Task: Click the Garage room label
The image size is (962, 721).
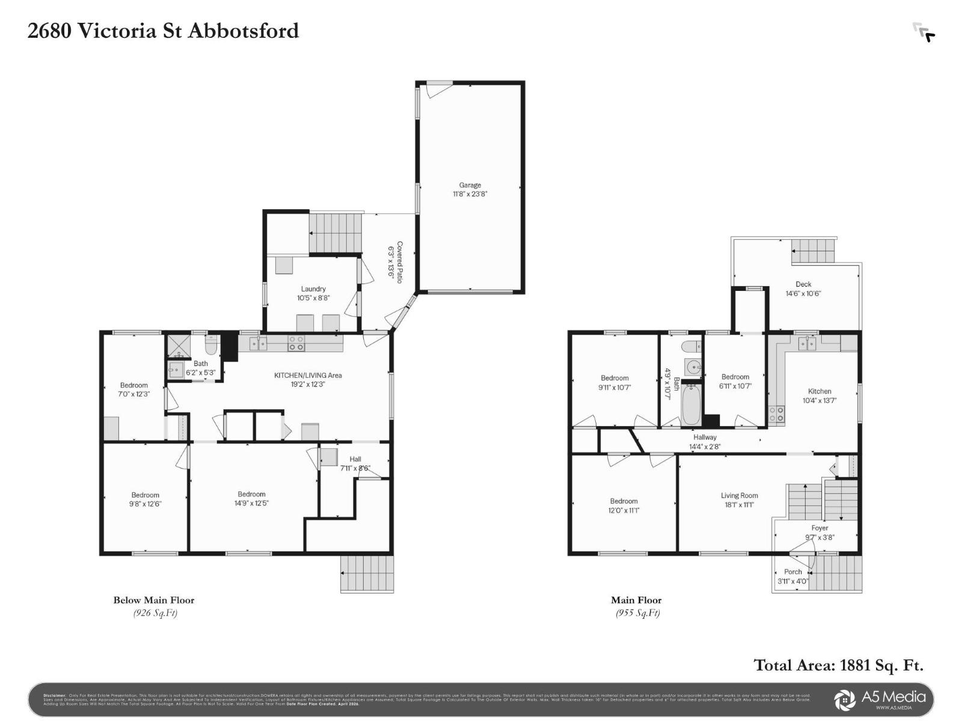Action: [470, 185]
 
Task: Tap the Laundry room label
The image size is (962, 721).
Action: [313, 289]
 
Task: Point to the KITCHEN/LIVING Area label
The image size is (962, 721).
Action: [308, 376]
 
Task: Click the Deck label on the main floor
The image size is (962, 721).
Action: [803, 284]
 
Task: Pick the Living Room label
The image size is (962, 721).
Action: [739, 496]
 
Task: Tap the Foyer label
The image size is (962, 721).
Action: [820, 528]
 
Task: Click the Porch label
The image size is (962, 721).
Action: [792, 572]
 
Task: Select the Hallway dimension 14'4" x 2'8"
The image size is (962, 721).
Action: [705, 446]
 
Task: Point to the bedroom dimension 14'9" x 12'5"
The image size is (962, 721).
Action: [251, 503]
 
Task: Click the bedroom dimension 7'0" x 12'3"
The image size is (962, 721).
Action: [133, 394]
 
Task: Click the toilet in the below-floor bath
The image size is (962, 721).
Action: [212, 345]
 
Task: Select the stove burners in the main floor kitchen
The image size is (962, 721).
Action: [776, 414]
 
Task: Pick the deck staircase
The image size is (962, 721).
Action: [813, 250]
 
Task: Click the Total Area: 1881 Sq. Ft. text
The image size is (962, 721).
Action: [838, 665]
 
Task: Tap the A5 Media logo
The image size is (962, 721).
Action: [881, 699]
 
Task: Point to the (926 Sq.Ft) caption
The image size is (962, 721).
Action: [155, 613]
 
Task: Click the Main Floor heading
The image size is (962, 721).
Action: [636, 600]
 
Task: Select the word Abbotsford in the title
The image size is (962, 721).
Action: [244, 31]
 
